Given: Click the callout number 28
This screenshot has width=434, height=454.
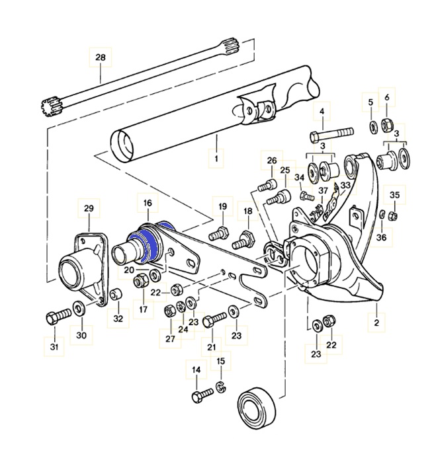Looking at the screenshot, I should tap(101, 57).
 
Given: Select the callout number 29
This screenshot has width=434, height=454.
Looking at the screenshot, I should tap(89, 208).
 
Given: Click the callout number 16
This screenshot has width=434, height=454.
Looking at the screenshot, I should tap(147, 204).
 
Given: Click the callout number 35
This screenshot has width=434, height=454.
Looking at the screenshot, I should tap(394, 195).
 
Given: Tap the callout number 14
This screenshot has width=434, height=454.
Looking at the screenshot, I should tap(196, 370).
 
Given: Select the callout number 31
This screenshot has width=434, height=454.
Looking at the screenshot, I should tap(55, 347).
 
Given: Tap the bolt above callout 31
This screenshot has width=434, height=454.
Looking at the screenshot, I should tap(57, 317).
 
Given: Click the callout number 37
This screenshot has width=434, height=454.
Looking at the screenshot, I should tap(323, 192).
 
